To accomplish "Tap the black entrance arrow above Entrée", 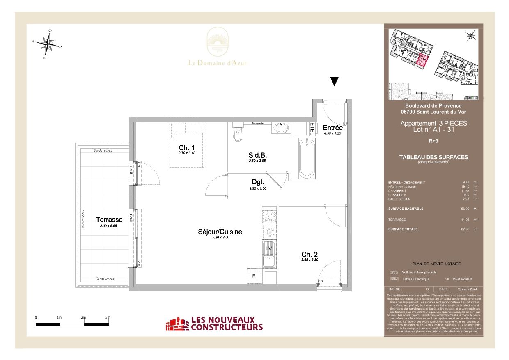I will click(335, 81).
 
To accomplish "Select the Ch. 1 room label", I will click(184, 148).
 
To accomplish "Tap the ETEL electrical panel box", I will click(312, 129).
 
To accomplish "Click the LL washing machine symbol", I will click(269, 233).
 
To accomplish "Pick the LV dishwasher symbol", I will click(269, 248).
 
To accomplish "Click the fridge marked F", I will click(254, 276).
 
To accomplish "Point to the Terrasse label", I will click(109, 220).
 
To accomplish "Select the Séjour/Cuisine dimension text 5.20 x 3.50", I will click(220, 238).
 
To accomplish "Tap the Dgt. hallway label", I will click(258, 182).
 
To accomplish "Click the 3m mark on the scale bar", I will click(108, 318).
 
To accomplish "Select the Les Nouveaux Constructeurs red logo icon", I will click(176, 324).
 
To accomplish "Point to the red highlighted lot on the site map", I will click(421, 60).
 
